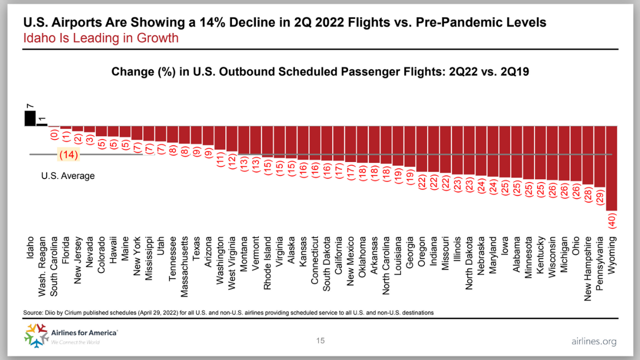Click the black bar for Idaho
pyautogui.click(x=30, y=118)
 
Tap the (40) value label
pyautogui.click(x=612, y=220)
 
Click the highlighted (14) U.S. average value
pyautogui.click(x=68, y=155)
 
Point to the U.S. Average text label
pyautogui.click(x=67, y=176)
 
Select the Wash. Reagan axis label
pyautogui.click(x=42, y=262)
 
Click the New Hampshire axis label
pyautogui.click(x=588, y=269)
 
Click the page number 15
pyautogui.click(x=320, y=341)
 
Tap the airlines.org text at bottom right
pyautogui.click(x=593, y=341)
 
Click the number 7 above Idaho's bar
pyautogui.click(x=30, y=106)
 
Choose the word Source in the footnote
pyautogui.click(x=32, y=312)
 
